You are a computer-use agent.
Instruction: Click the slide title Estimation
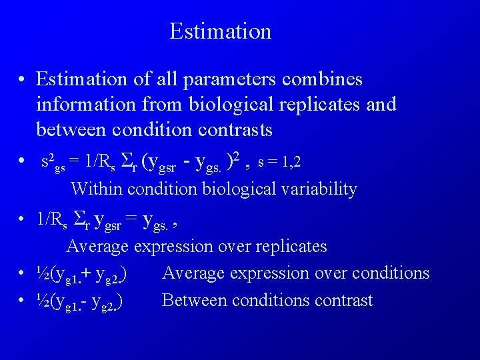pos(220,31)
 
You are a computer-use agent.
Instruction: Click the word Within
pos(97,189)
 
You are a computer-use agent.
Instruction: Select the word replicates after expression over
pos(289,247)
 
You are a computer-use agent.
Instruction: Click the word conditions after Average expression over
pos(391,273)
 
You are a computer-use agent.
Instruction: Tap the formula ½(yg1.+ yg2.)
pos(83,274)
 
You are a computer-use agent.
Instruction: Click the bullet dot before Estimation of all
pos(22,80)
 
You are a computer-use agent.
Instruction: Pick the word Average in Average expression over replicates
pos(98,247)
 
